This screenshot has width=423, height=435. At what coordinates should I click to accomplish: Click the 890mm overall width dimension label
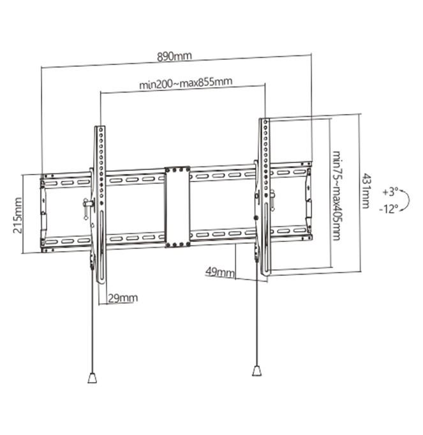[x=174, y=56]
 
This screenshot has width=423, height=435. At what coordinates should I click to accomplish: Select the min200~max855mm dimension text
[x=185, y=83]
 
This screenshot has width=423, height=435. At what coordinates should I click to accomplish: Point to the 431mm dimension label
[x=365, y=190]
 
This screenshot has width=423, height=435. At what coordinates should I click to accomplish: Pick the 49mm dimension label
[x=219, y=272]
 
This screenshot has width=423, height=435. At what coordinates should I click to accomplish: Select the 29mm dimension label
[x=122, y=297]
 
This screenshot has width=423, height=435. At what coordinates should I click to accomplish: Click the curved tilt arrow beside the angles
[x=406, y=200]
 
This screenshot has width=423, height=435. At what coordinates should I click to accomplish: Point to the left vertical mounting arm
[x=101, y=204]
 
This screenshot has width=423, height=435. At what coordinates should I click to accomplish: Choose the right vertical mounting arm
[x=263, y=197]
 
